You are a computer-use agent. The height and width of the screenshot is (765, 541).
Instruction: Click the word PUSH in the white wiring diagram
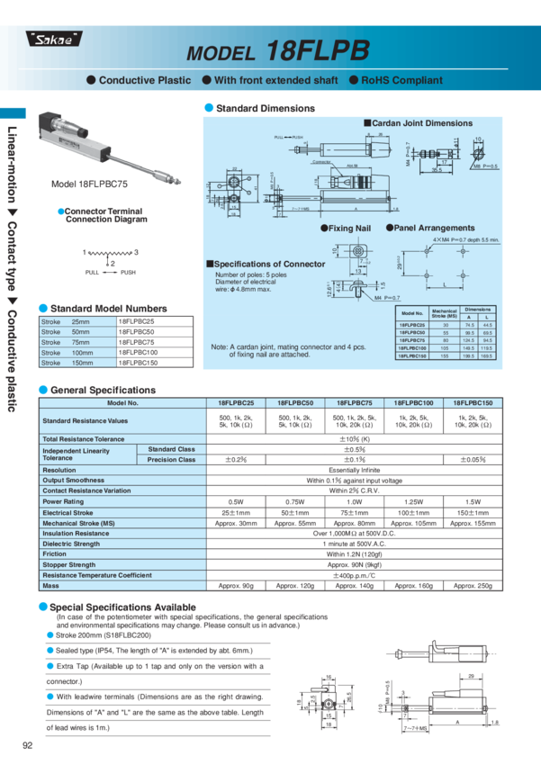(128, 271)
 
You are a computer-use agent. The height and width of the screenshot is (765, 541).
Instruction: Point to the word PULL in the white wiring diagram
(93, 271)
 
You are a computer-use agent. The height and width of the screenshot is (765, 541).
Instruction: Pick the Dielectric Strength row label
(71, 544)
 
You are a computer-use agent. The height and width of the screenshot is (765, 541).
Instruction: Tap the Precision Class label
(171, 459)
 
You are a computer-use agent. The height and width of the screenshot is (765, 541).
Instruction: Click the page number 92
(28, 744)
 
